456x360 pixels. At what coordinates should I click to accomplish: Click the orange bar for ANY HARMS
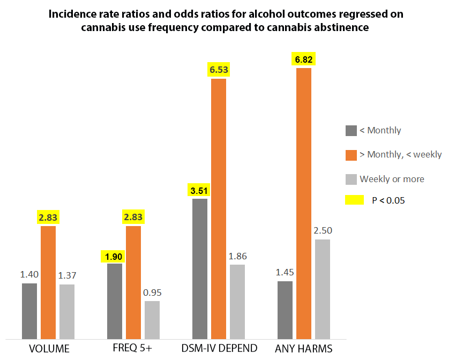(x=304, y=204)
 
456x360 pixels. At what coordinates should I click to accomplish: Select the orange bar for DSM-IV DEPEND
(x=219, y=209)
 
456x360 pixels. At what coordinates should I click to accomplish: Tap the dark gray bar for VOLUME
(x=29, y=311)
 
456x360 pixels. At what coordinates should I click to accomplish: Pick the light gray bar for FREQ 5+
(x=152, y=320)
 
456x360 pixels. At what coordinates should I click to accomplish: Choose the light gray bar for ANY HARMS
(x=323, y=289)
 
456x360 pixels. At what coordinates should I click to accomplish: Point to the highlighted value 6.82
(x=303, y=58)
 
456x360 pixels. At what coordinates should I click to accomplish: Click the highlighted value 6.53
(x=219, y=69)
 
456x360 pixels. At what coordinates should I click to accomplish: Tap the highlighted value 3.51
(x=199, y=189)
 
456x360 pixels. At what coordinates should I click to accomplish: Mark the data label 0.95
(x=152, y=292)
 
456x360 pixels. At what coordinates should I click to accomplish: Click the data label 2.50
(x=323, y=230)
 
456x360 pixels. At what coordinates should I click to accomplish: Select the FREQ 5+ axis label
(x=133, y=349)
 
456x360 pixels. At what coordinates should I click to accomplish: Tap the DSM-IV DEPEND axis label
(x=218, y=349)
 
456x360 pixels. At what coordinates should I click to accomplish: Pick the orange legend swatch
(x=351, y=154)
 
